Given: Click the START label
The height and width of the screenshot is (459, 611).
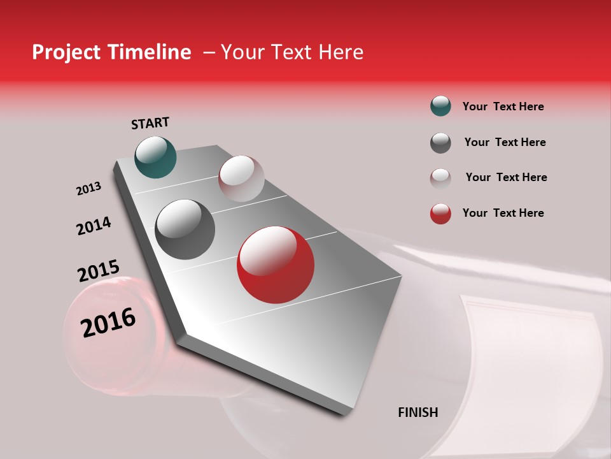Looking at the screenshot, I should tap(150, 123).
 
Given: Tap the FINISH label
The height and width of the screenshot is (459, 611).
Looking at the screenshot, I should tap(418, 412).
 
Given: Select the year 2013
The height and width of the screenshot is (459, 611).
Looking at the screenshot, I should tap(88, 189).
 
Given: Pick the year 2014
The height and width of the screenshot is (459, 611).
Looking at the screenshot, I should tap(94, 226).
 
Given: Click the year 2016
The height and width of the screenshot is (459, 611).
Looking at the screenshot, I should tap(108, 323).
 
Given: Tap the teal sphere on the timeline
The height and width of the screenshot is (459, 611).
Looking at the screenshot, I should tap(155, 157).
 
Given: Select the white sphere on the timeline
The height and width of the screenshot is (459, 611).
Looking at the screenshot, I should tap(241, 178).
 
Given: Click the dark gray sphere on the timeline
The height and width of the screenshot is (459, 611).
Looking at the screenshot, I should tap(185, 229).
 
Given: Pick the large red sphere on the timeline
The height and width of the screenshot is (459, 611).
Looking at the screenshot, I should tap(275, 265).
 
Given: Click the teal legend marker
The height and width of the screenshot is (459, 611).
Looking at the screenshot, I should tap(440, 106).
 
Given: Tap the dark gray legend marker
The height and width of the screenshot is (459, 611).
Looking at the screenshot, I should tap(440, 143).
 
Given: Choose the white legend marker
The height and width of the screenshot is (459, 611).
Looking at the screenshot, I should tap(440, 178).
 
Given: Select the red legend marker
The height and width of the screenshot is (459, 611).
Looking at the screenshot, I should tap(440, 214).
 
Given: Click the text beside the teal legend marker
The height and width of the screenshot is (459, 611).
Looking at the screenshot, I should tap(503, 106).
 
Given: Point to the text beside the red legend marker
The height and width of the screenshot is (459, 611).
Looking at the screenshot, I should tap(503, 213).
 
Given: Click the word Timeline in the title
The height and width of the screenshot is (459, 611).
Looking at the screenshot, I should tap(150, 52).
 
